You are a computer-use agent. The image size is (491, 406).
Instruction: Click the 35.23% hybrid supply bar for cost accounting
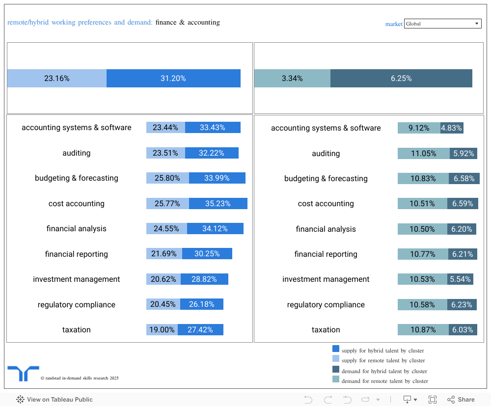click(218, 203)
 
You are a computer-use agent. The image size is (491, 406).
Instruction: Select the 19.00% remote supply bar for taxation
click(162, 329)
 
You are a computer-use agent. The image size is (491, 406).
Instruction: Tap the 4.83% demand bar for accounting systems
click(452, 128)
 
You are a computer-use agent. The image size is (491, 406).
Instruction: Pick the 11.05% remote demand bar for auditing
click(423, 153)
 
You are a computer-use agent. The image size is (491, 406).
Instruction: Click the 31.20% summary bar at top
click(173, 78)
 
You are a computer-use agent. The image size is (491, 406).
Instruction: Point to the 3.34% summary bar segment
click(292, 78)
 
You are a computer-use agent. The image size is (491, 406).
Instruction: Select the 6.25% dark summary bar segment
click(401, 78)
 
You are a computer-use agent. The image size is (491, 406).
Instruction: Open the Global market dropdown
click(442, 24)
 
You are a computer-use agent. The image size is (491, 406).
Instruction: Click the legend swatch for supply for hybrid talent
click(336, 349)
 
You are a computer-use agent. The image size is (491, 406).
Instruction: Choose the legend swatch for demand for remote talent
click(336, 379)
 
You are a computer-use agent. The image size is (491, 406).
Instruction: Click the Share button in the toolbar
click(461, 400)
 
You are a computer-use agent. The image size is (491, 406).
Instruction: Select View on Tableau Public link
click(55, 400)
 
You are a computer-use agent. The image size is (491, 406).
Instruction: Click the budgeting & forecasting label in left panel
click(77, 178)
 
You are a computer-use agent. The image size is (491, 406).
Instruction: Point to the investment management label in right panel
click(326, 279)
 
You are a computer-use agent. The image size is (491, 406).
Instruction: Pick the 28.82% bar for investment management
click(204, 279)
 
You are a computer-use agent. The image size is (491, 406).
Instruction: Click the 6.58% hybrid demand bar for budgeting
click(464, 178)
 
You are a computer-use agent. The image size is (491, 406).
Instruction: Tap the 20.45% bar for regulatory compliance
click(163, 304)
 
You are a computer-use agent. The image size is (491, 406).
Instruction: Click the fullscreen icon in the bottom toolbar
click(433, 400)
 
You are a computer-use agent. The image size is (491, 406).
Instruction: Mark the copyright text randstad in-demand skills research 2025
click(80, 378)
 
